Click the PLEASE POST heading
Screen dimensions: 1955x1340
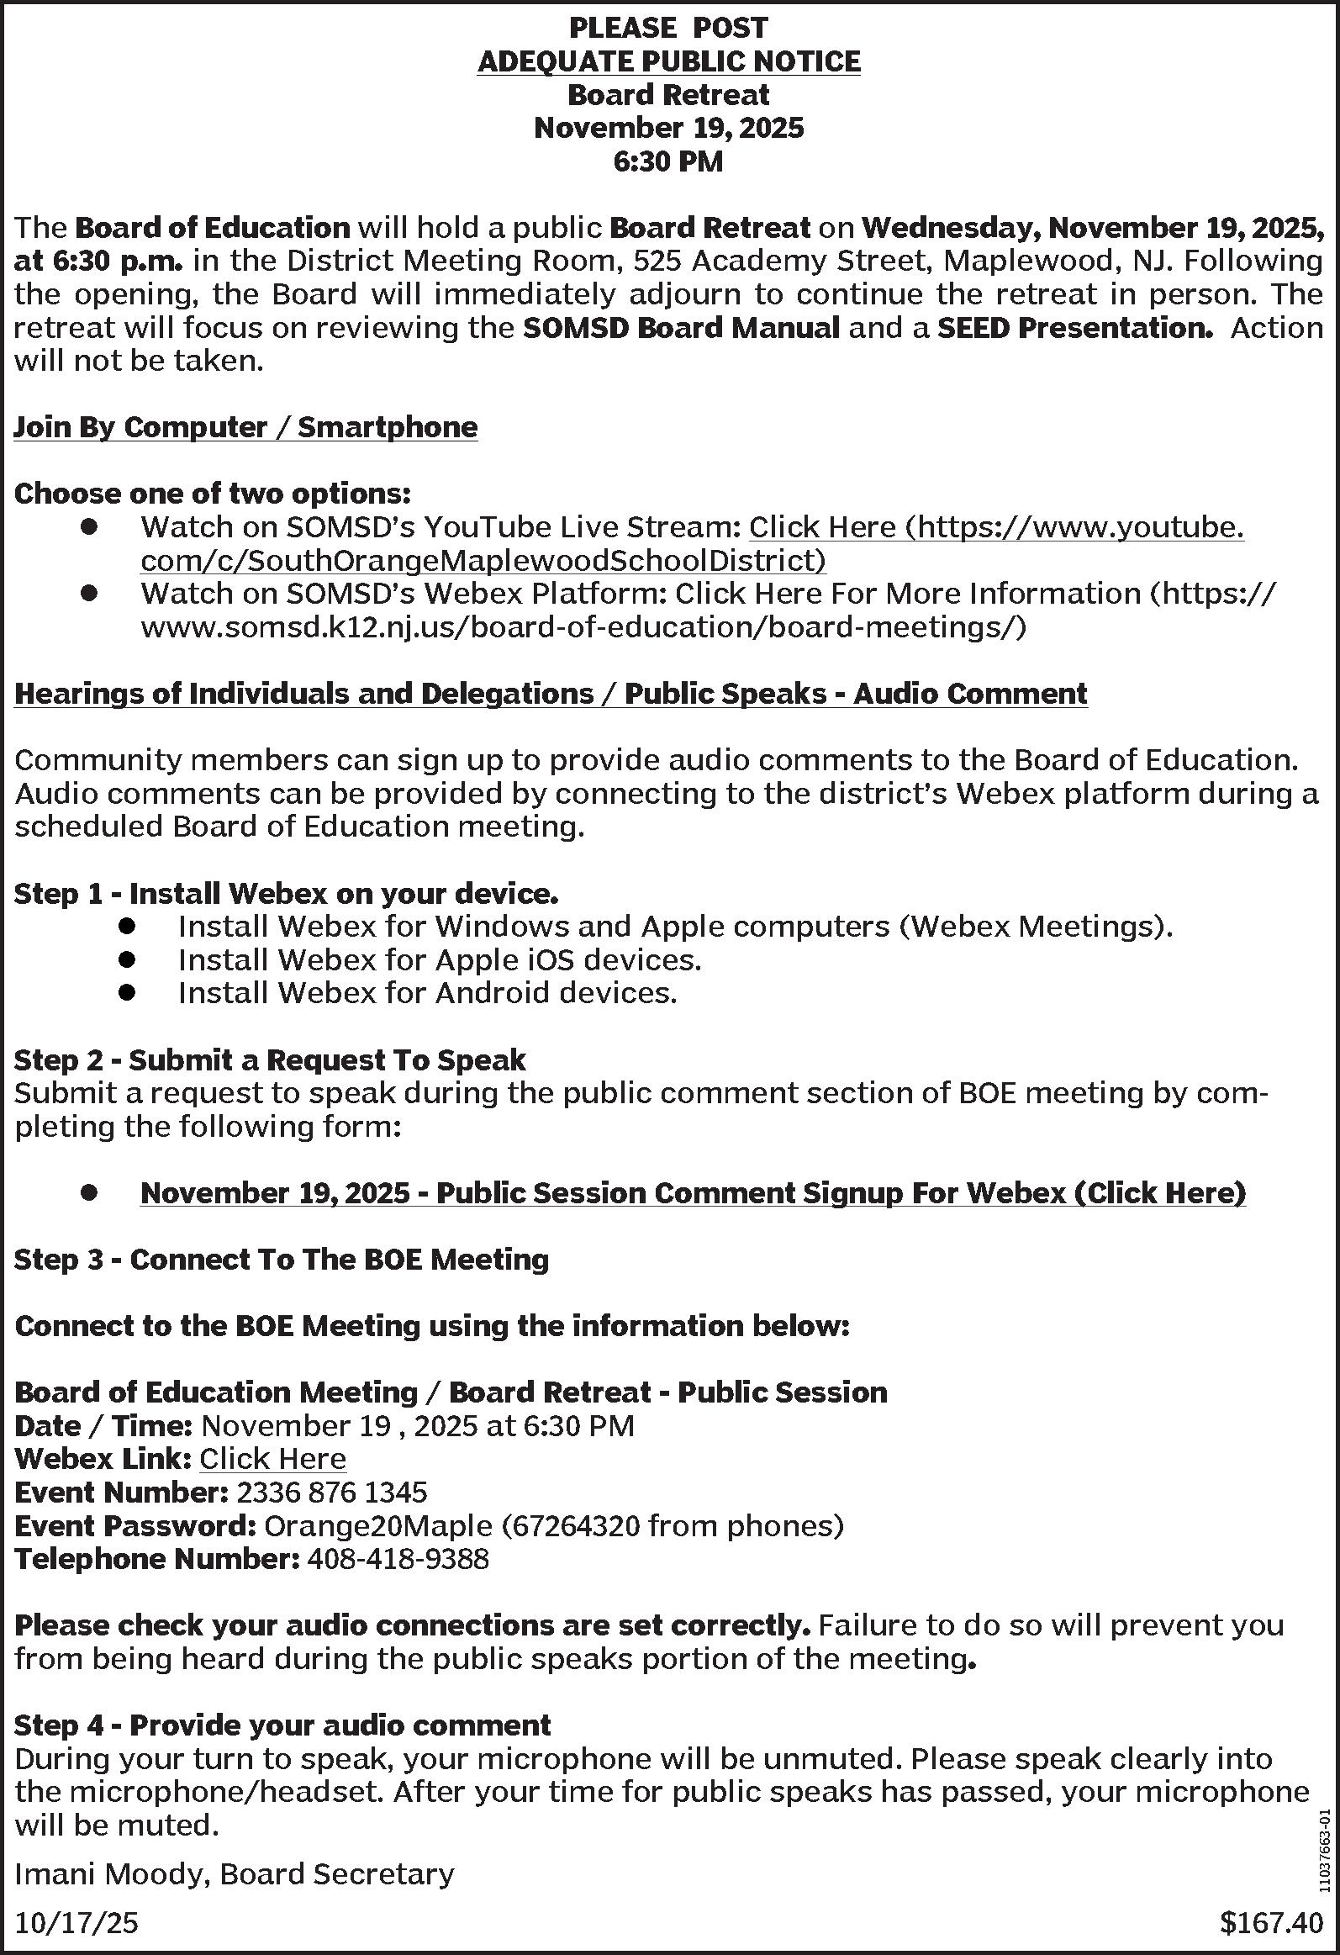[x=668, y=29]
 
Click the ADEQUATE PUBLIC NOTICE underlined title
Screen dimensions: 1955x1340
[x=668, y=62]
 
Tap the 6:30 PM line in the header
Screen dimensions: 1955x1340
[x=668, y=161]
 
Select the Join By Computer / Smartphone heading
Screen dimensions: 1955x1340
[x=245, y=428]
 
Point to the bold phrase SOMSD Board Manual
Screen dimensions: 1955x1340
[x=682, y=328]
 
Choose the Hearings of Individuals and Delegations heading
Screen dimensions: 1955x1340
[x=551, y=694]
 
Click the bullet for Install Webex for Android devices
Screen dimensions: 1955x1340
[x=127, y=994]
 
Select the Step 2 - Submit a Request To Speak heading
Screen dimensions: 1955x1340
[x=270, y=1060]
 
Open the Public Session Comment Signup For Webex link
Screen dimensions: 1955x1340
[x=693, y=1193]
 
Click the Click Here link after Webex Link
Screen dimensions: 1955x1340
[x=272, y=1459]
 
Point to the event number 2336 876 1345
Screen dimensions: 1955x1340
[x=332, y=1493]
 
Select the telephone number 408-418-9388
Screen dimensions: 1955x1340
[x=398, y=1559]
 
